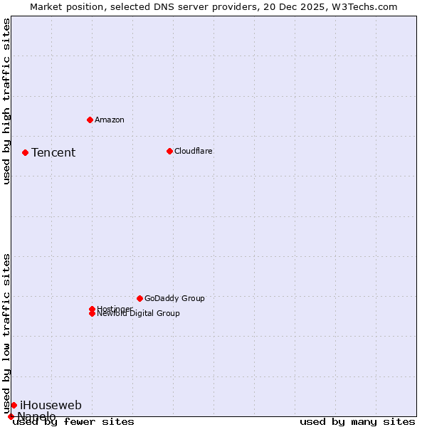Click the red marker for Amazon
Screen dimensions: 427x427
click(x=90, y=120)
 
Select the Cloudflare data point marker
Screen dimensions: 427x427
click(x=169, y=151)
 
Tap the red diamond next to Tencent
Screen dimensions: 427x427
click(x=25, y=152)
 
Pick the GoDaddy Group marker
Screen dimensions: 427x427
click(x=139, y=298)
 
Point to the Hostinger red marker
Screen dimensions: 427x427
click(x=92, y=309)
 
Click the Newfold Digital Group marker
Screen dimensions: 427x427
click(x=92, y=314)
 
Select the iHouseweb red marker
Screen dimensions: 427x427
click(x=14, y=405)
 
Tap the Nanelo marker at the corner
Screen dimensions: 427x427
click(x=11, y=416)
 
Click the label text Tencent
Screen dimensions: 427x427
click(x=53, y=152)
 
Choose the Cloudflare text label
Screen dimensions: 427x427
click(x=193, y=151)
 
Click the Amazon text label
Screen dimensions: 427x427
click(x=109, y=120)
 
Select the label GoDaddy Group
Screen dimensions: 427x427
click(x=174, y=298)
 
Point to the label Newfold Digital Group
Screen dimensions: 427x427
click(x=138, y=314)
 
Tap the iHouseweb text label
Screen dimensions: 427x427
click(x=51, y=405)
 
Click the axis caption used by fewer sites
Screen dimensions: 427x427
click(x=73, y=422)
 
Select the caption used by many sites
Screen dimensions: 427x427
click(x=357, y=422)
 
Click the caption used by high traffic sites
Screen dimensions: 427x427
click(x=6, y=101)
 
